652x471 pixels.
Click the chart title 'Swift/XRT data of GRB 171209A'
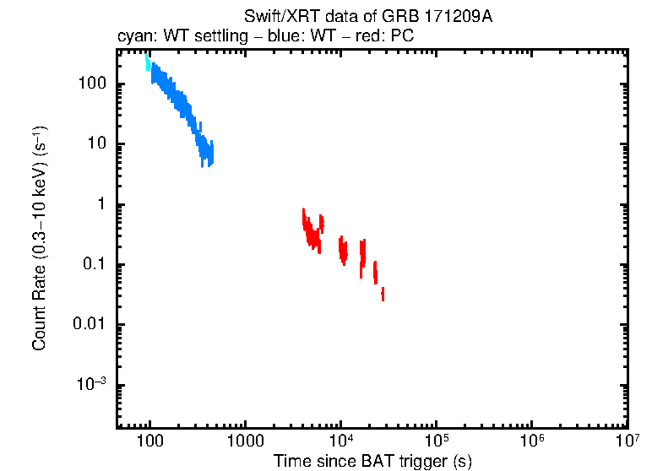(367, 17)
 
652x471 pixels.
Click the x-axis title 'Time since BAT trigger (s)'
(372, 461)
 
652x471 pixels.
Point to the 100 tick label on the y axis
(90, 84)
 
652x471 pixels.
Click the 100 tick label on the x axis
(149, 441)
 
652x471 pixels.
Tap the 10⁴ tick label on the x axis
(340, 440)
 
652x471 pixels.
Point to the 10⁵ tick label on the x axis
(436, 440)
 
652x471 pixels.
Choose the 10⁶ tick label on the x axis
(531, 440)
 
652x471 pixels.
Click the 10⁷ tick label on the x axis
(626, 440)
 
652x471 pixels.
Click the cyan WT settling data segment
(147, 61)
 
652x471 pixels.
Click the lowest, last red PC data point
(383, 294)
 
